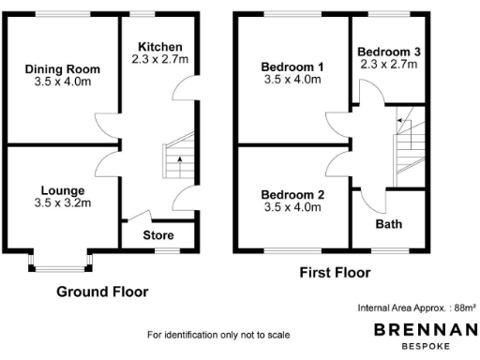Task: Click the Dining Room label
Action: tap(63, 69)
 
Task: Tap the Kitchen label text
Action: tap(160, 47)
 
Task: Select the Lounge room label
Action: tap(62, 190)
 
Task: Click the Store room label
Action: tap(157, 234)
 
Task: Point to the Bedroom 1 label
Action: tap(292, 67)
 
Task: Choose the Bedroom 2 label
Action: tap(292, 195)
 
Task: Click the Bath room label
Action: tap(388, 225)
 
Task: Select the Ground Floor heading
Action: tap(102, 292)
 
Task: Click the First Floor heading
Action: tap(334, 274)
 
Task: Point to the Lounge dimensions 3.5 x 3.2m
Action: tap(62, 202)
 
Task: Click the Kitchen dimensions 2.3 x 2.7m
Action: tap(160, 59)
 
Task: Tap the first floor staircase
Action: tap(409, 145)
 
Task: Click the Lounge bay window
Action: tap(62, 262)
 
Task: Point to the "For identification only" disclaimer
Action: tap(218, 335)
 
